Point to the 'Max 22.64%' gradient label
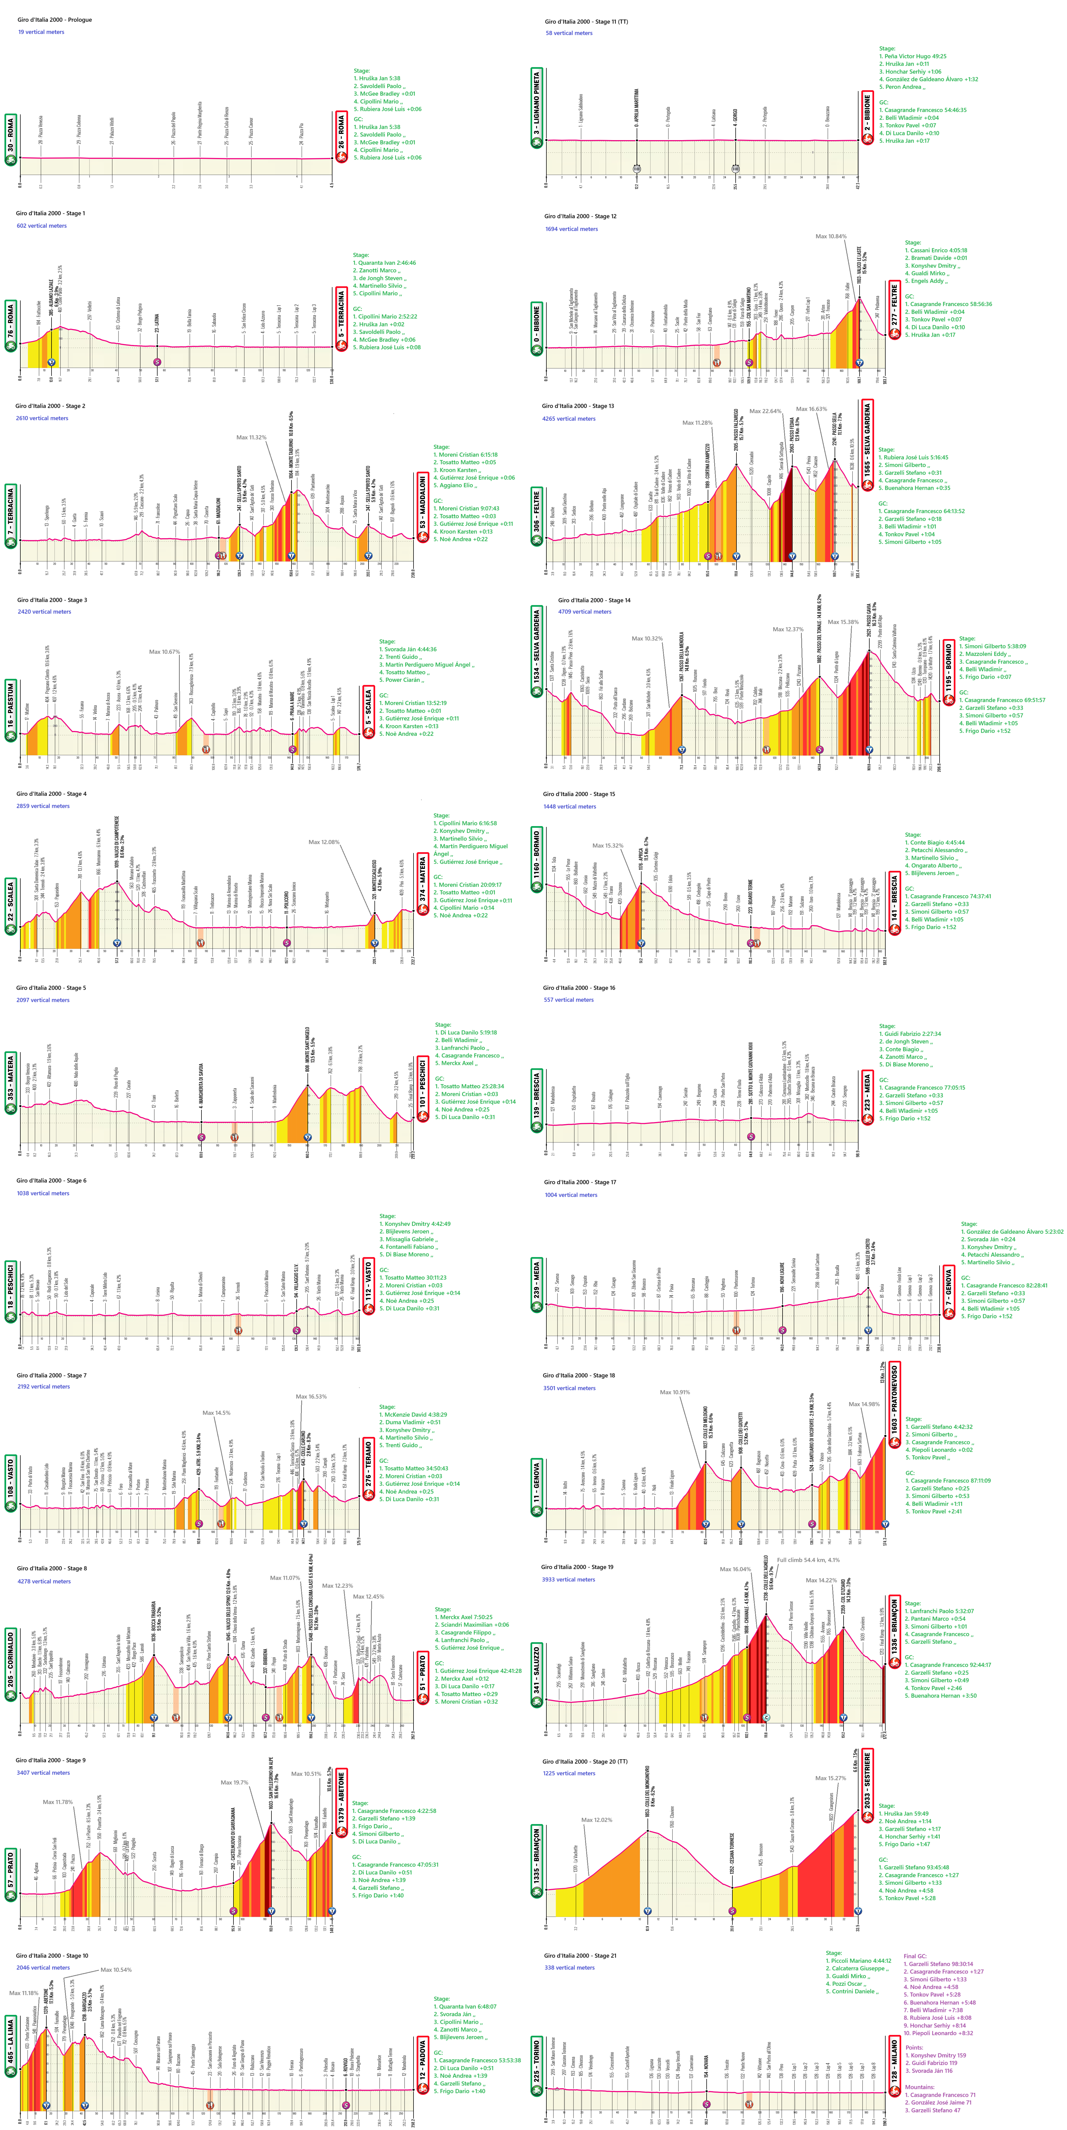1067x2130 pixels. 765,411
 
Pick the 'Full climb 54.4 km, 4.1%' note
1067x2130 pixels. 808,1560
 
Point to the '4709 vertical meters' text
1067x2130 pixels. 585,612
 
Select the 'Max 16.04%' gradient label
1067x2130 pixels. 735,1570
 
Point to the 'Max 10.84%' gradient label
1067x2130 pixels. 831,237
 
